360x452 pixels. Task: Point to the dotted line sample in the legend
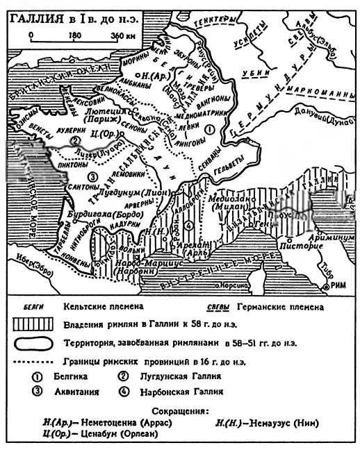[33, 361]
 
